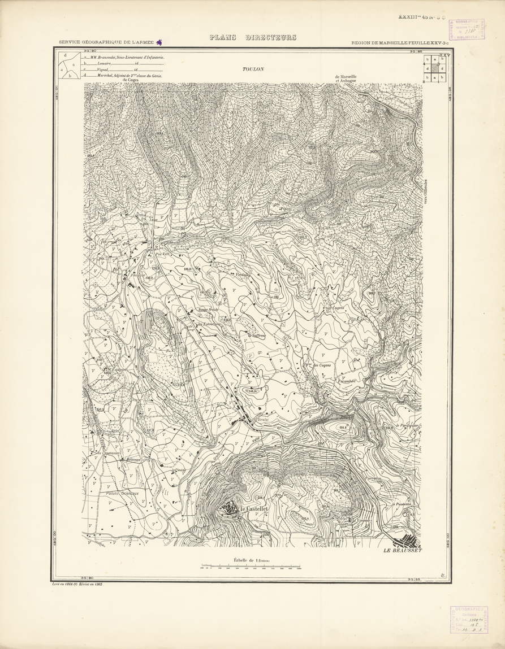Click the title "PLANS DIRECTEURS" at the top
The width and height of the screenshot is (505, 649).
[253, 38]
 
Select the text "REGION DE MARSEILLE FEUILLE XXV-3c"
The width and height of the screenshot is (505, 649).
[400, 42]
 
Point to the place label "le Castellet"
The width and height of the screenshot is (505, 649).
[253, 509]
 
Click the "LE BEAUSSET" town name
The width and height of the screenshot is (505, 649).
[403, 550]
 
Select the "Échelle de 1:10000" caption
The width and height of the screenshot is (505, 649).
[253, 560]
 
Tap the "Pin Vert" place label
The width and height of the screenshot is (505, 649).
[163, 254]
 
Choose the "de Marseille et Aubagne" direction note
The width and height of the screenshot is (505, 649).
[346, 79]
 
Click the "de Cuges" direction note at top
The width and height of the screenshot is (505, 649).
[131, 80]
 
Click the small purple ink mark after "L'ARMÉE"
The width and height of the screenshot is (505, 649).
[159, 42]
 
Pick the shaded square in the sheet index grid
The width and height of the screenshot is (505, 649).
[435, 68]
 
